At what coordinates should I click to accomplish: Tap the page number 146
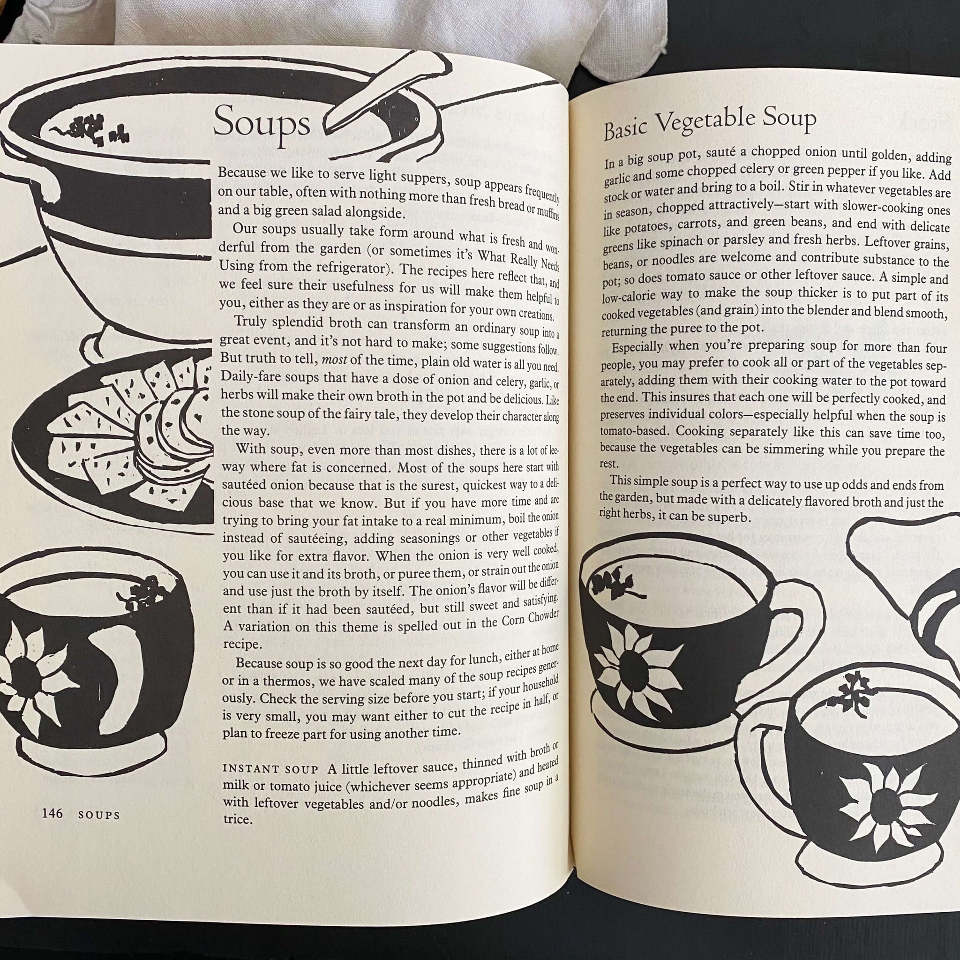52,813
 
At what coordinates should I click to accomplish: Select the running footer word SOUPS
99,815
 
